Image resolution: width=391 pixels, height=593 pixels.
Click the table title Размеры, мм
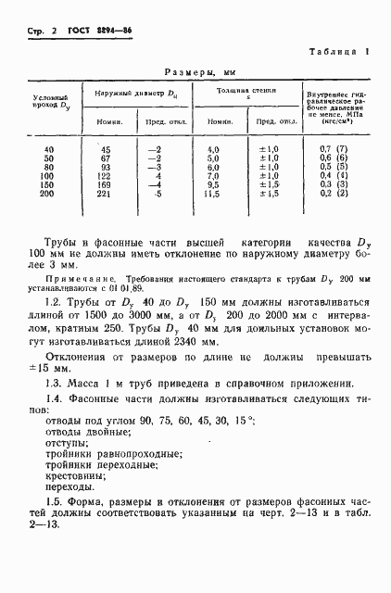[201, 72]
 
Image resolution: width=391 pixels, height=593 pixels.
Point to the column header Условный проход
[49, 101]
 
